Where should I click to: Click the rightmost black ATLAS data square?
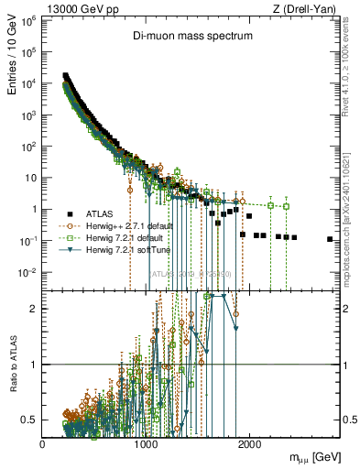(330, 239)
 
